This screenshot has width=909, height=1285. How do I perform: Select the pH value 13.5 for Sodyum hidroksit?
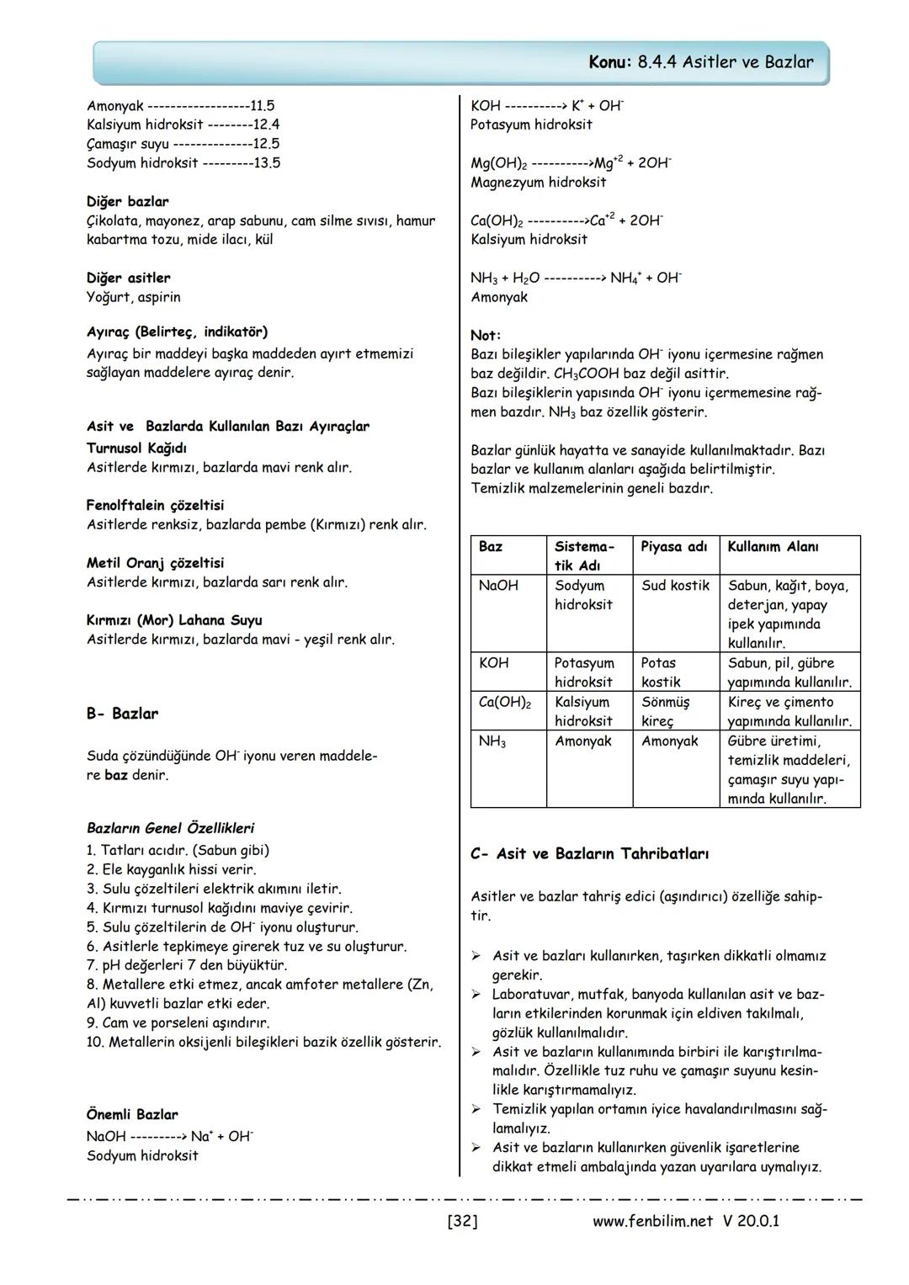click(267, 163)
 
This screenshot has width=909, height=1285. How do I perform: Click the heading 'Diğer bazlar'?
click(127, 202)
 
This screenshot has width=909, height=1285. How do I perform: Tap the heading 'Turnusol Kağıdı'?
click(136, 449)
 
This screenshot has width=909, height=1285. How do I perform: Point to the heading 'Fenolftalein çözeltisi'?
click(155, 506)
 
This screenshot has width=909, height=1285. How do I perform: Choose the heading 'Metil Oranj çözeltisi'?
click(155, 563)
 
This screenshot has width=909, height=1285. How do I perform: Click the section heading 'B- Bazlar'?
click(122, 714)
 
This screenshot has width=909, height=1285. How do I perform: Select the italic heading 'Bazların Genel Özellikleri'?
click(170, 828)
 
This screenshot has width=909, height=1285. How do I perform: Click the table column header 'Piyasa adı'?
click(673, 547)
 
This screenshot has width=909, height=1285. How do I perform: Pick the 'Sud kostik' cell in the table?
click(675, 586)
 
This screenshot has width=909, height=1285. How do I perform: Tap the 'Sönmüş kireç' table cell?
click(665, 711)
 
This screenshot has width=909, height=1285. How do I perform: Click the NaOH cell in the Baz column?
click(498, 586)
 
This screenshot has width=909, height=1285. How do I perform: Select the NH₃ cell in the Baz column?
click(492, 742)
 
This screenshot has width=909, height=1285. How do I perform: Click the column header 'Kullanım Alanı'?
click(773, 547)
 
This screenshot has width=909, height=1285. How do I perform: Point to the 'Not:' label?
click(485, 335)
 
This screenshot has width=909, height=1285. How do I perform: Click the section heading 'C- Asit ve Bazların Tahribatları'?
click(589, 854)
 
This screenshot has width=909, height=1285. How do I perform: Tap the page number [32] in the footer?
click(462, 1220)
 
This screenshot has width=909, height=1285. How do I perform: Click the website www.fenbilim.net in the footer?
click(652, 1220)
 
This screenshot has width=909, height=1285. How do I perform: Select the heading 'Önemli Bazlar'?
click(132, 1115)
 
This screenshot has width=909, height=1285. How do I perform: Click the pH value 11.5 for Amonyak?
click(263, 106)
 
